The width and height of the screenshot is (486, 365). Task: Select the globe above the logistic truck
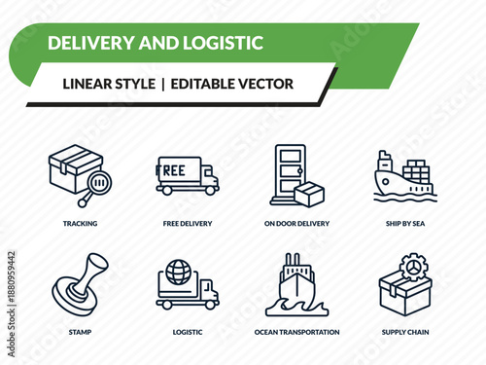click(180, 270)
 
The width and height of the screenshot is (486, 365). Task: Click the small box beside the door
click(309, 194)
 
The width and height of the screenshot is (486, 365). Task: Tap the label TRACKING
click(79, 223)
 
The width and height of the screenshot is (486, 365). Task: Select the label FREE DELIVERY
click(188, 223)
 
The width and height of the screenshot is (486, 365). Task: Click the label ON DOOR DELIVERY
click(296, 223)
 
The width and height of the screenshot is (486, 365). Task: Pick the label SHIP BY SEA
click(405, 223)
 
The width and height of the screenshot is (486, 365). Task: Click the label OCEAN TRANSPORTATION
click(296, 332)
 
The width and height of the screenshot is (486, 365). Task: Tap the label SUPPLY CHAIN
click(405, 332)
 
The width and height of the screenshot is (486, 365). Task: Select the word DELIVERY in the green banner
click(91, 43)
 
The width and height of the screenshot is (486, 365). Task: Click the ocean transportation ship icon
click(296, 282)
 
